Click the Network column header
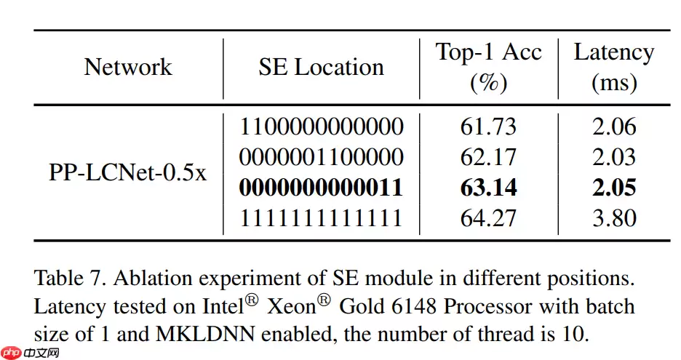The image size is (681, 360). [128, 67]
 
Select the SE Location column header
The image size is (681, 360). [321, 67]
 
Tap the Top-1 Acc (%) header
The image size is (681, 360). [488, 67]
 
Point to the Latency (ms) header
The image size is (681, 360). [614, 67]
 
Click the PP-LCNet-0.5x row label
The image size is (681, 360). [128, 172]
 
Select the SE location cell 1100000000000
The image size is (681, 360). [321, 127]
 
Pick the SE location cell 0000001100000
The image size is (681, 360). [321, 157]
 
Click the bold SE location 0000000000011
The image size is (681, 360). [321, 188]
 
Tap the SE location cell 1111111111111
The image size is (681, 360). [321, 218]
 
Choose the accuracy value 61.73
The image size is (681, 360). [488, 127]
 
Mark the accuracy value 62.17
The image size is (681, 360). [488, 157]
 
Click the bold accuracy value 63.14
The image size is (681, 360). [488, 188]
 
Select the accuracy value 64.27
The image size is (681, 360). [488, 218]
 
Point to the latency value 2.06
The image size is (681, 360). [614, 127]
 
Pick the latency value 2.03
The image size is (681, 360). [614, 157]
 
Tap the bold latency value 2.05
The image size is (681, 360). [614, 188]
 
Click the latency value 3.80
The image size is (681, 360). [614, 218]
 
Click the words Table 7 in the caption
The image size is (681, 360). [66, 278]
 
